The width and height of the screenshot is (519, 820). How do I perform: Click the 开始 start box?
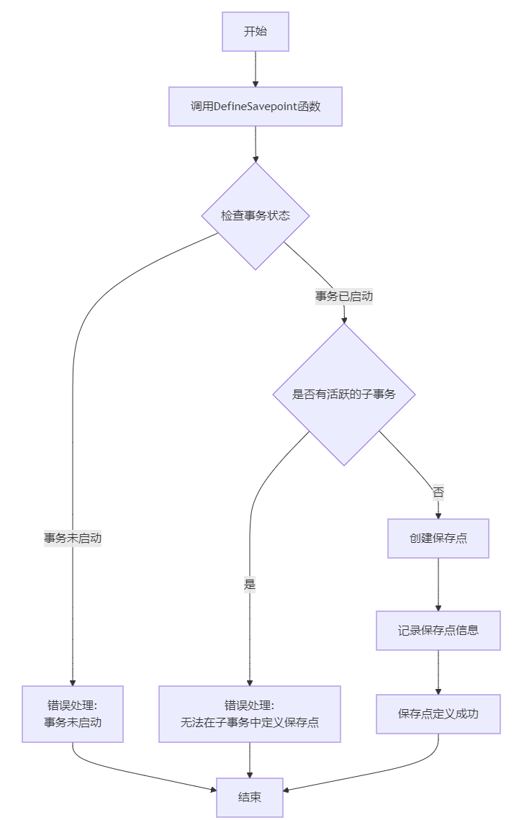click(x=255, y=32)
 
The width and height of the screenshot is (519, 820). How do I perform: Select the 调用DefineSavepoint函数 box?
click(x=255, y=107)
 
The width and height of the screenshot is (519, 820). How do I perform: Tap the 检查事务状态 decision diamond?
click(x=255, y=216)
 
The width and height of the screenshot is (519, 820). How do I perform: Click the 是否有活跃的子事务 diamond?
click(x=344, y=395)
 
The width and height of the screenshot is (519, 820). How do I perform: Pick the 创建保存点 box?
click(x=438, y=539)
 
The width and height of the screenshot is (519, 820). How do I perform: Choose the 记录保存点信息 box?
click(x=438, y=631)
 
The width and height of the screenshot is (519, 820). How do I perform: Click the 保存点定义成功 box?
click(x=438, y=714)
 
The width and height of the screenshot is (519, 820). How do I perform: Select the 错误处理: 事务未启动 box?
click(x=73, y=714)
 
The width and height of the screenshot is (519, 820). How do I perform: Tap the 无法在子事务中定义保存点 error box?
click(x=249, y=714)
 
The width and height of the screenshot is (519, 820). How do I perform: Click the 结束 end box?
click(x=249, y=798)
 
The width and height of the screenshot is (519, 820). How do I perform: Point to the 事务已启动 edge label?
click(x=344, y=297)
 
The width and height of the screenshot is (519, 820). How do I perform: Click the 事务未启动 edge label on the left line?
click(x=73, y=538)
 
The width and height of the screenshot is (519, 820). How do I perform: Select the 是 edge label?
click(x=249, y=584)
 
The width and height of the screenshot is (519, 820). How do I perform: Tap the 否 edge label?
click(x=438, y=492)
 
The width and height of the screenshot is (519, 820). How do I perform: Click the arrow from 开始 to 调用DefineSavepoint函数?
click(x=255, y=69)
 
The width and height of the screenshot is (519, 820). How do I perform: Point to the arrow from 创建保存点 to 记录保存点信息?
click(x=438, y=585)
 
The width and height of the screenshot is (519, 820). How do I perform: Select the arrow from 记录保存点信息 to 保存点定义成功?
click(x=438, y=672)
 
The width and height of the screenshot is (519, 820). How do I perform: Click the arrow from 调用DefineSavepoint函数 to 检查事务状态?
click(x=255, y=144)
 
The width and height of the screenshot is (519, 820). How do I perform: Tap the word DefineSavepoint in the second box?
click(x=255, y=107)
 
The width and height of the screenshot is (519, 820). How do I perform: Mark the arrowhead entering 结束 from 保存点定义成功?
click(x=286, y=790)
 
